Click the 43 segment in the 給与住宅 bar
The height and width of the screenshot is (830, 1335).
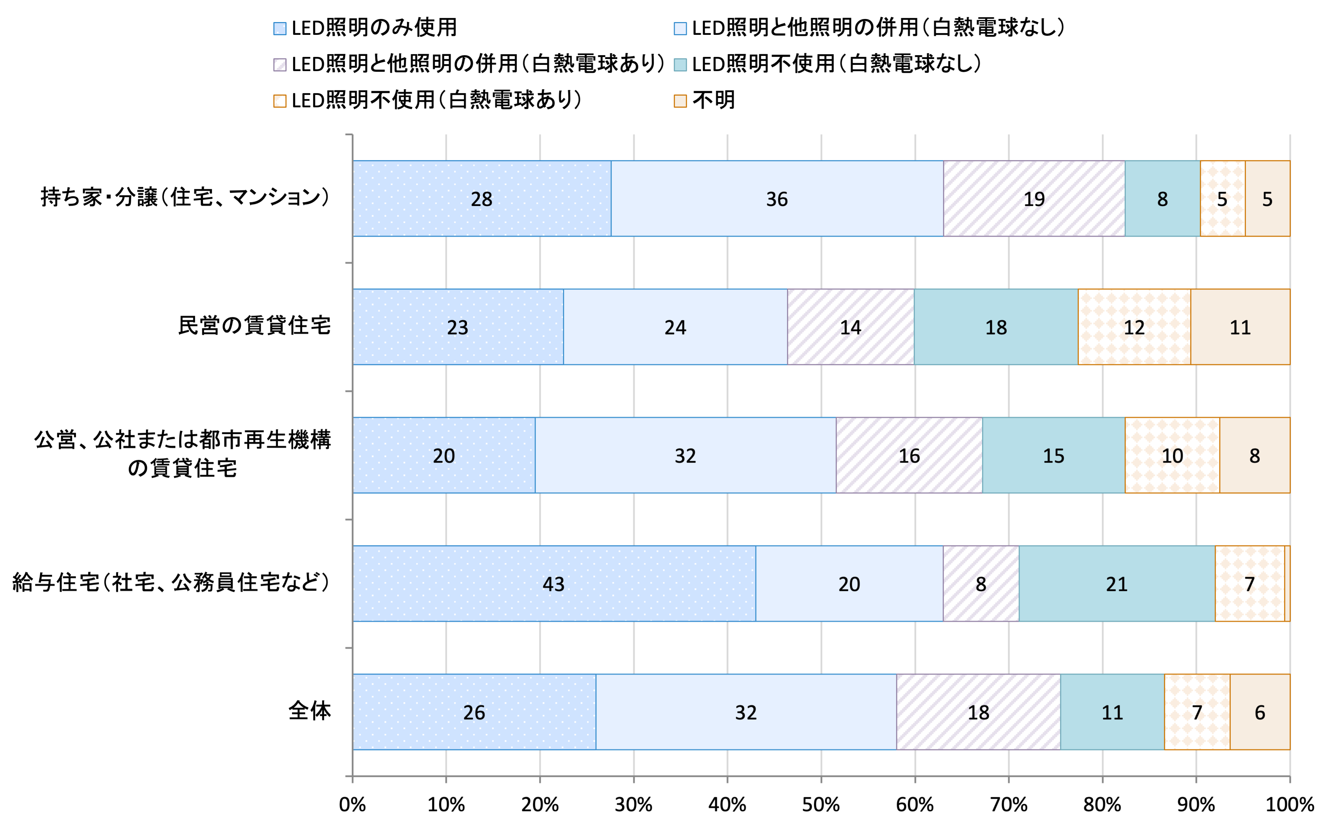coord(554,584)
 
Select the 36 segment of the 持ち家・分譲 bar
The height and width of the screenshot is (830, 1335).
coord(777,199)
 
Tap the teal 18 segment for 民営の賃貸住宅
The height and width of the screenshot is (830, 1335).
coord(996,327)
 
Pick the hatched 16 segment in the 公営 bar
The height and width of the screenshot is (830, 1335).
coord(909,456)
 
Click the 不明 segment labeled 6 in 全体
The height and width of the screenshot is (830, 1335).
coord(1260,712)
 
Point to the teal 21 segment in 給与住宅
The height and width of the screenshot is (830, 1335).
coord(1117,584)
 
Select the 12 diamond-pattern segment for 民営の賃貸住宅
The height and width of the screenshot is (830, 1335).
coord(1134,327)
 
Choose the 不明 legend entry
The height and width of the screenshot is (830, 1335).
coord(713,100)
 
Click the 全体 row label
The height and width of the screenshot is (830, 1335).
coord(309,711)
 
